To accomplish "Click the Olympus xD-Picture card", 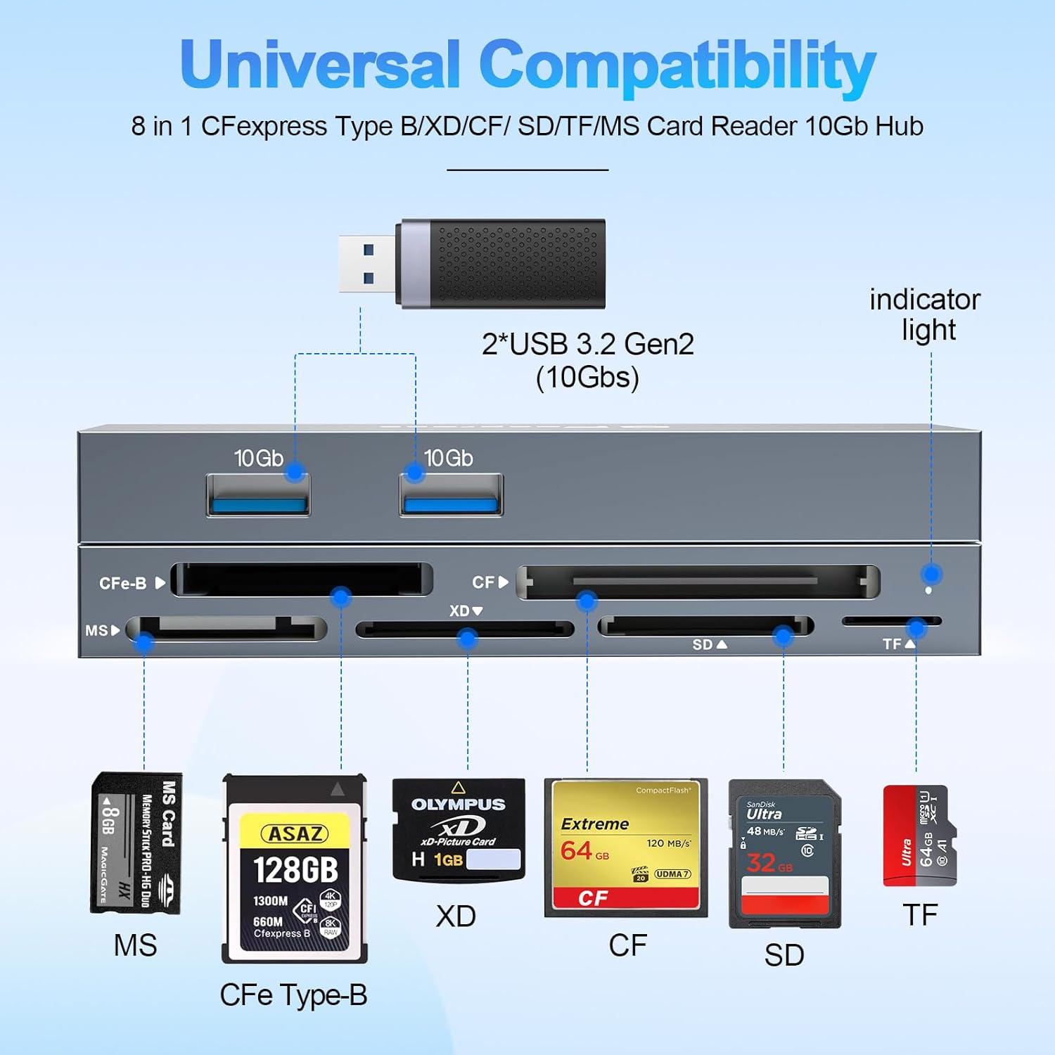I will (x=459, y=830).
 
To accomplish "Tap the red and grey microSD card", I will (x=919, y=836).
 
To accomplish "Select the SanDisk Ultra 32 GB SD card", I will (x=784, y=853).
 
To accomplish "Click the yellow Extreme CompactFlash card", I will (x=625, y=848).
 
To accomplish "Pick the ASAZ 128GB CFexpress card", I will (x=295, y=869).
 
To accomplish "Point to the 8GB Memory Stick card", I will (x=136, y=843).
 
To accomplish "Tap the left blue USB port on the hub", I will (x=258, y=496).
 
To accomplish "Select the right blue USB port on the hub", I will (x=451, y=496).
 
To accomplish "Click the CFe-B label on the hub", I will (x=124, y=583).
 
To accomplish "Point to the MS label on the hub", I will (x=97, y=630).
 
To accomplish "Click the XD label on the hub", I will (x=460, y=610).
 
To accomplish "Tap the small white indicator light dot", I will (x=928, y=590).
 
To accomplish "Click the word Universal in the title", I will (x=320, y=65).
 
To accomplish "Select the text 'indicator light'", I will (x=926, y=314).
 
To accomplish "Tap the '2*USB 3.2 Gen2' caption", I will (x=588, y=345).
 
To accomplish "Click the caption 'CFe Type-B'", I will (x=293, y=995).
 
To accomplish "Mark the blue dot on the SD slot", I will (x=783, y=637).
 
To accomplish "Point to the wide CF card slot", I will (x=698, y=582).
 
